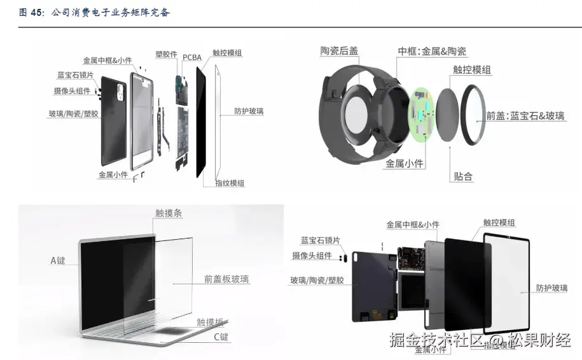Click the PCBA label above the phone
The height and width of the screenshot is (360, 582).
coord(192,57)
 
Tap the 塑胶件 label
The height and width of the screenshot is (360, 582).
coord(166,55)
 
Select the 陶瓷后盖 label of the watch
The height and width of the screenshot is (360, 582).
coord(338,51)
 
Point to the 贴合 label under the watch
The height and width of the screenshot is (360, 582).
coord(463,177)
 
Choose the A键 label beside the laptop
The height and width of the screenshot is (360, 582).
coord(58,260)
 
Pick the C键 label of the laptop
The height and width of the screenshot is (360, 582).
coord(221,337)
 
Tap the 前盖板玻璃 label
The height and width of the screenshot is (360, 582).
coord(226,279)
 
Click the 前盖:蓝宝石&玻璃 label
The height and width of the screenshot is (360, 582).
coord(525,116)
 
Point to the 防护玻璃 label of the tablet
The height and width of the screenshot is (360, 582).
coord(551,288)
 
